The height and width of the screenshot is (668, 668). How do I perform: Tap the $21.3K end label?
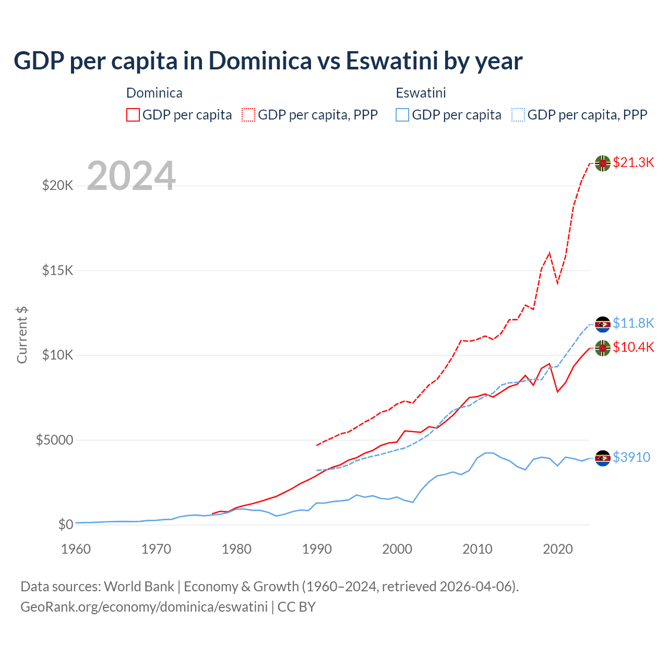click(x=633, y=162)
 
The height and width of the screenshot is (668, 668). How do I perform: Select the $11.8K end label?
click(x=633, y=323)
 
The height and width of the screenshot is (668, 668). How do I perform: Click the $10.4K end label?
click(x=633, y=347)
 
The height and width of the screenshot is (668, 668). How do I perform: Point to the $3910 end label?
click(x=631, y=457)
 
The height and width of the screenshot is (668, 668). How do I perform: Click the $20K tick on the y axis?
click(x=57, y=185)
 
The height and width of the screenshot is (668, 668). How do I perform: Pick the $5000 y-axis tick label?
click(x=54, y=440)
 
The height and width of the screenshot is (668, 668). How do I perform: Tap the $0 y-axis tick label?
click(x=65, y=524)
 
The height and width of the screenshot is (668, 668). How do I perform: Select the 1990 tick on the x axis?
click(x=317, y=549)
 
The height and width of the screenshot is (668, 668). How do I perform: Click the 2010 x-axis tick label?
click(x=478, y=549)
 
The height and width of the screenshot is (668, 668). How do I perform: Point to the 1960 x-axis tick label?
click(x=76, y=549)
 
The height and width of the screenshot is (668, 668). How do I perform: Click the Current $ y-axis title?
click(x=22, y=335)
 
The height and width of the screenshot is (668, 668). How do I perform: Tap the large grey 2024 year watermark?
click(x=131, y=176)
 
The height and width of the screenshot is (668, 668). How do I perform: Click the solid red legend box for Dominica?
click(x=133, y=115)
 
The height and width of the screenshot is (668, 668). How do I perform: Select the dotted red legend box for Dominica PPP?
click(x=248, y=115)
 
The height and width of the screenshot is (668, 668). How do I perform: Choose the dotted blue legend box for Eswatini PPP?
click(x=518, y=115)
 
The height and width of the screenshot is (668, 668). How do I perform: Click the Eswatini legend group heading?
click(x=421, y=93)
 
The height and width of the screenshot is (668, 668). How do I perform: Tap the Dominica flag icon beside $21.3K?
click(x=603, y=163)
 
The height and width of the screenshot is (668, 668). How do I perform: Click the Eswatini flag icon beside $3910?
click(x=603, y=458)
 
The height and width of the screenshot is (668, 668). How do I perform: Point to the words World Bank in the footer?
click(x=139, y=587)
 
